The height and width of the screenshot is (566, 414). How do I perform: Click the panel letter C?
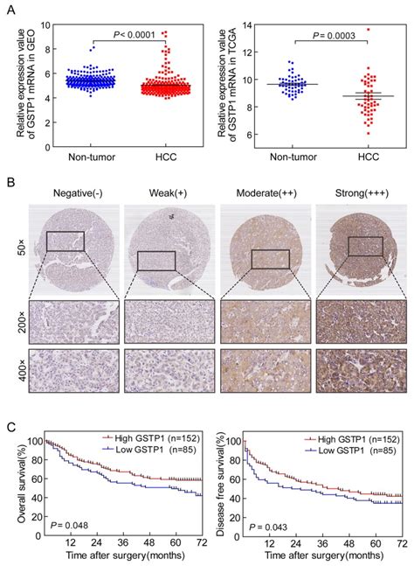tap(10, 429)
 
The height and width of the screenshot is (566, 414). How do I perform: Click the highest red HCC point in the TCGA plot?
tap(368, 30)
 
